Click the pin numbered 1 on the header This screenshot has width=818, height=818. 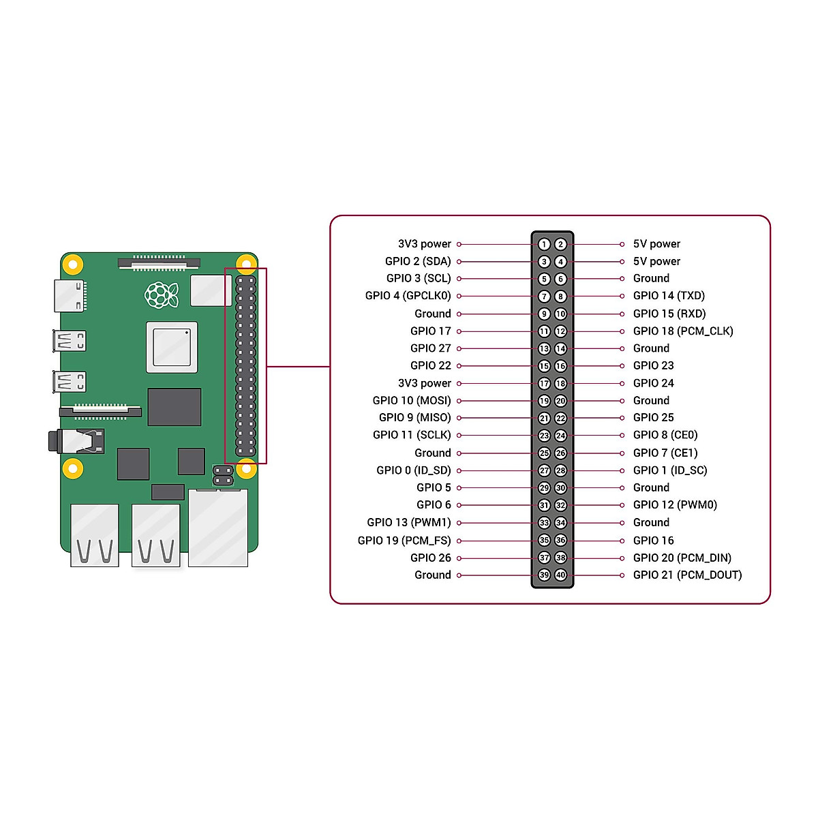click(x=544, y=244)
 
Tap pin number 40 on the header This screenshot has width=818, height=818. click(x=560, y=575)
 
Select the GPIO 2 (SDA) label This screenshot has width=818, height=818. click(x=418, y=261)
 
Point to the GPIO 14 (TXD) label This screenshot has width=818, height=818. click(x=669, y=296)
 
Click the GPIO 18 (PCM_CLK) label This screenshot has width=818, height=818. click(x=683, y=331)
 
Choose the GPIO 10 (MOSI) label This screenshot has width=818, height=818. click(x=412, y=401)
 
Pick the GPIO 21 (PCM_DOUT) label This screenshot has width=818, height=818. click(x=687, y=575)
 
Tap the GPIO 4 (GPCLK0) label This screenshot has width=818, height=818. click(x=408, y=296)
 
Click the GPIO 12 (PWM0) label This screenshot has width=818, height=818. click(x=675, y=505)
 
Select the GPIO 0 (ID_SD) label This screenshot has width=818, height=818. click(x=414, y=470)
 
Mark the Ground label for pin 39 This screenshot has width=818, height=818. click(x=433, y=575)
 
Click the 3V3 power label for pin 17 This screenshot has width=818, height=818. click(x=425, y=383)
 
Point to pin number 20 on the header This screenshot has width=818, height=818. click(x=560, y=401)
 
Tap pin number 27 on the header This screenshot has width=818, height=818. click(x=544, y=470)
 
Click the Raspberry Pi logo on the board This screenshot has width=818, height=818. click(x=162, y=294)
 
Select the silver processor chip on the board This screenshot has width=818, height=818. click(x=172, y=347)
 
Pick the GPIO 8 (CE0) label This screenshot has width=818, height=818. click(x=665, y=435)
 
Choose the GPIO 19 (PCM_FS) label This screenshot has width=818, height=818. click(x=404, y=541)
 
